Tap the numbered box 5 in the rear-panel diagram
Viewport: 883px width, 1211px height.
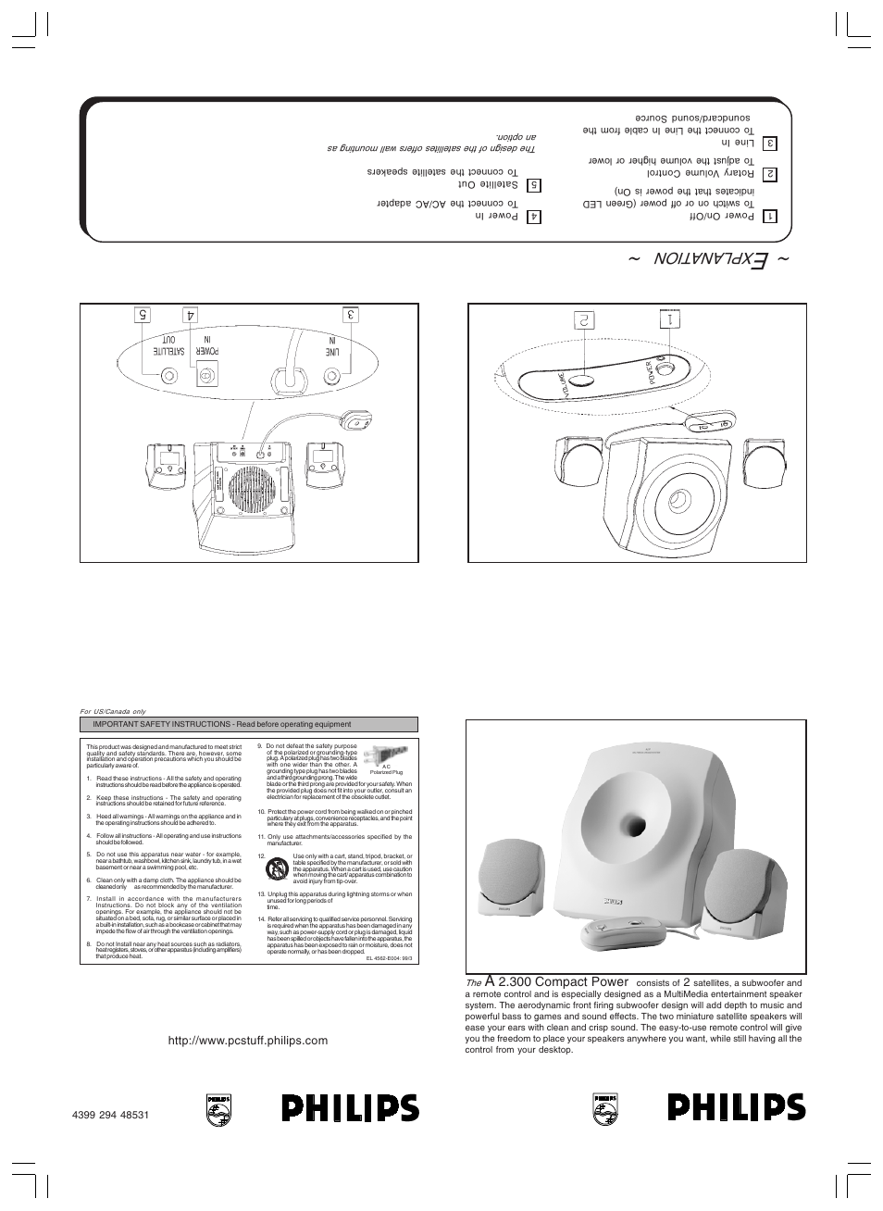coord(143,315)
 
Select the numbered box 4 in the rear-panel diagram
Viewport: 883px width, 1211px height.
coord(192,315)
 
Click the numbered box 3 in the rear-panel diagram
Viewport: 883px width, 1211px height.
coord(352,315)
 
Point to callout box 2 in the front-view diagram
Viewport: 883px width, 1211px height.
coord(584,320)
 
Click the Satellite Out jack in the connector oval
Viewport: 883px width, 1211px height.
coord(170,377)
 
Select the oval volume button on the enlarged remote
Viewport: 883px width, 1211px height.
coord(582,380)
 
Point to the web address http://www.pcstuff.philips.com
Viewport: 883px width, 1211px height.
coord(248,1041)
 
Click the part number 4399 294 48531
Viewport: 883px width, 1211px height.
coord(110,1114)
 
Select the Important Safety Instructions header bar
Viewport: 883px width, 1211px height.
coord(249,725)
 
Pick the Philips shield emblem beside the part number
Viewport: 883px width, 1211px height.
coord(218,1108)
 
